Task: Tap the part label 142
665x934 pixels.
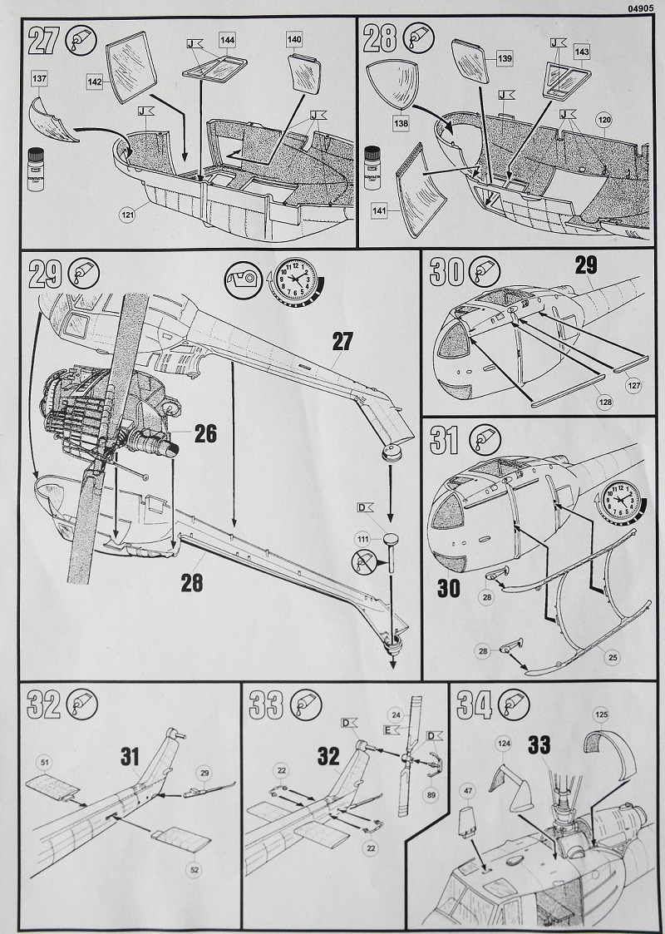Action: pyautogui.click(x=96, y=81)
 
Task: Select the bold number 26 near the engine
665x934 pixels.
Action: pyautogui.click(x=204, y=432)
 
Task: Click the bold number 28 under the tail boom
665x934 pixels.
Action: pyautogui.click(x=192, y=583)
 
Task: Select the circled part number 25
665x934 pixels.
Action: pyautogui.click(x=613, y=658)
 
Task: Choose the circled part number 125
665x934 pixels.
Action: pyautogui.click(x=601, y=714)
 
